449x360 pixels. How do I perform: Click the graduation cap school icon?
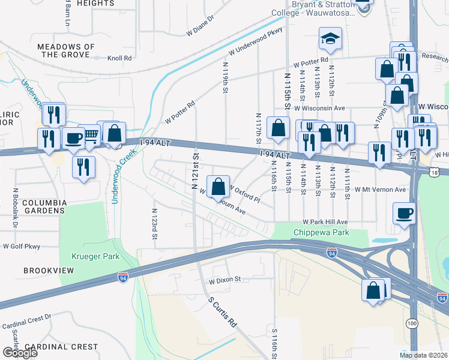click(x=330, y=40)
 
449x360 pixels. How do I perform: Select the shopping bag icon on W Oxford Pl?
click(x=219, y=186)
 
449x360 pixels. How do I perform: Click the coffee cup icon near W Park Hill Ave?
click(x=405, y=213)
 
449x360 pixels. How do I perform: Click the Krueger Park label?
click(x=97, y=256)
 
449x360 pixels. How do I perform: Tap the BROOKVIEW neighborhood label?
click(x=49, y=271)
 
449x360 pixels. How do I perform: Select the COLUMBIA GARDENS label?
click(x=44, y=207)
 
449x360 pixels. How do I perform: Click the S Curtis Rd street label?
click(x=223, y=311)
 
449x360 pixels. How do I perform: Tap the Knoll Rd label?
click(x=119, y=58)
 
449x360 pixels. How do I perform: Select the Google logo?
click(x=20, y=353)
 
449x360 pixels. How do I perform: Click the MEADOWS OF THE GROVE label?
click(x=66, y=50)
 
